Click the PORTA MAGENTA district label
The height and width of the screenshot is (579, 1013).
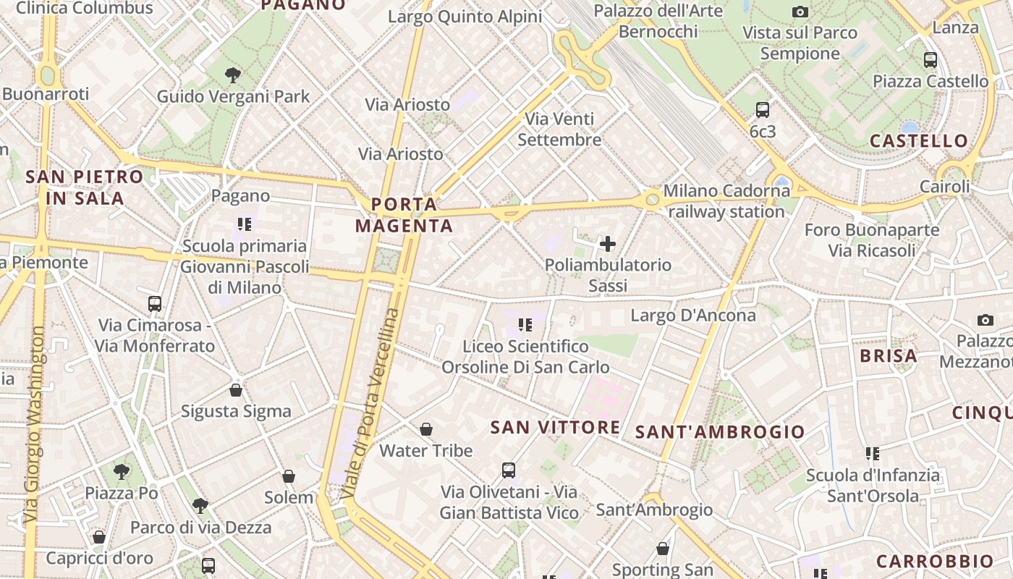coord(404,215)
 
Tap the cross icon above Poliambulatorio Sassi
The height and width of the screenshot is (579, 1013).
coord(608,244)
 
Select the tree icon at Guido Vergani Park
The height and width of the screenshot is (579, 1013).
coord(232,74)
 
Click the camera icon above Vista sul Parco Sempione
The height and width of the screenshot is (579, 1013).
coord(800,12)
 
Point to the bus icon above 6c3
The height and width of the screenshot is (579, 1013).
coord(762,110)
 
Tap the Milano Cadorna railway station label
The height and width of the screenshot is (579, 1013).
coord(726,201)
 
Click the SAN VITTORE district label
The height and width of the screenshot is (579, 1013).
coord(555,427)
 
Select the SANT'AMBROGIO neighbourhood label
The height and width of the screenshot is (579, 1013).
coord(719,432)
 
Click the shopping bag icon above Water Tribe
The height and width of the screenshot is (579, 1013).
coord(426,429)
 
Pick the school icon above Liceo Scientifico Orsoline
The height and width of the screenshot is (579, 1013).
coord(525,325)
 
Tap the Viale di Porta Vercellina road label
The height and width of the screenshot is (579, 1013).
coord(370,404)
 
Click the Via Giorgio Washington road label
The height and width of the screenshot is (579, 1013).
coord(34,426)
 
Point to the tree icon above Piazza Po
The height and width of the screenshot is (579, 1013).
coord(122,472)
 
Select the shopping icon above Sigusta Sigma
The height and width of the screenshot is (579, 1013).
coord(235,390)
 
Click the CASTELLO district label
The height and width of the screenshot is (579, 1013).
coord(918,140)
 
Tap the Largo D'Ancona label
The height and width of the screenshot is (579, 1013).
coord(692,316)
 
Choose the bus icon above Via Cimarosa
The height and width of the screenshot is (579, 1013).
coord(154,303)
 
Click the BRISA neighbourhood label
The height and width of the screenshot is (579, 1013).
coord(888,355)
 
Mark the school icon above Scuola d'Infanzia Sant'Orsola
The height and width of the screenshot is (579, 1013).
coord(872,454)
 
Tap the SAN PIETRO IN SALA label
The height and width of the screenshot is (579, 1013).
coord(85,187)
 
